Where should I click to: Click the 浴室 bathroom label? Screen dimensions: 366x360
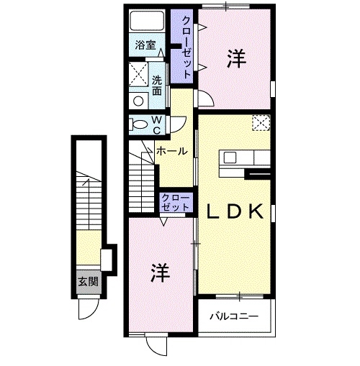(x=146, y=45)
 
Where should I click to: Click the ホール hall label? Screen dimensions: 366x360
(x=172, y=151)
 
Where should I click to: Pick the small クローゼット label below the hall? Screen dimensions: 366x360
(x=176, y=201)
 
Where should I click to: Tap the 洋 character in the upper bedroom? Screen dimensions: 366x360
(x=235, y=59)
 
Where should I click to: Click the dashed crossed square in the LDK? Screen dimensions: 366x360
(x=261, y=124)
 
